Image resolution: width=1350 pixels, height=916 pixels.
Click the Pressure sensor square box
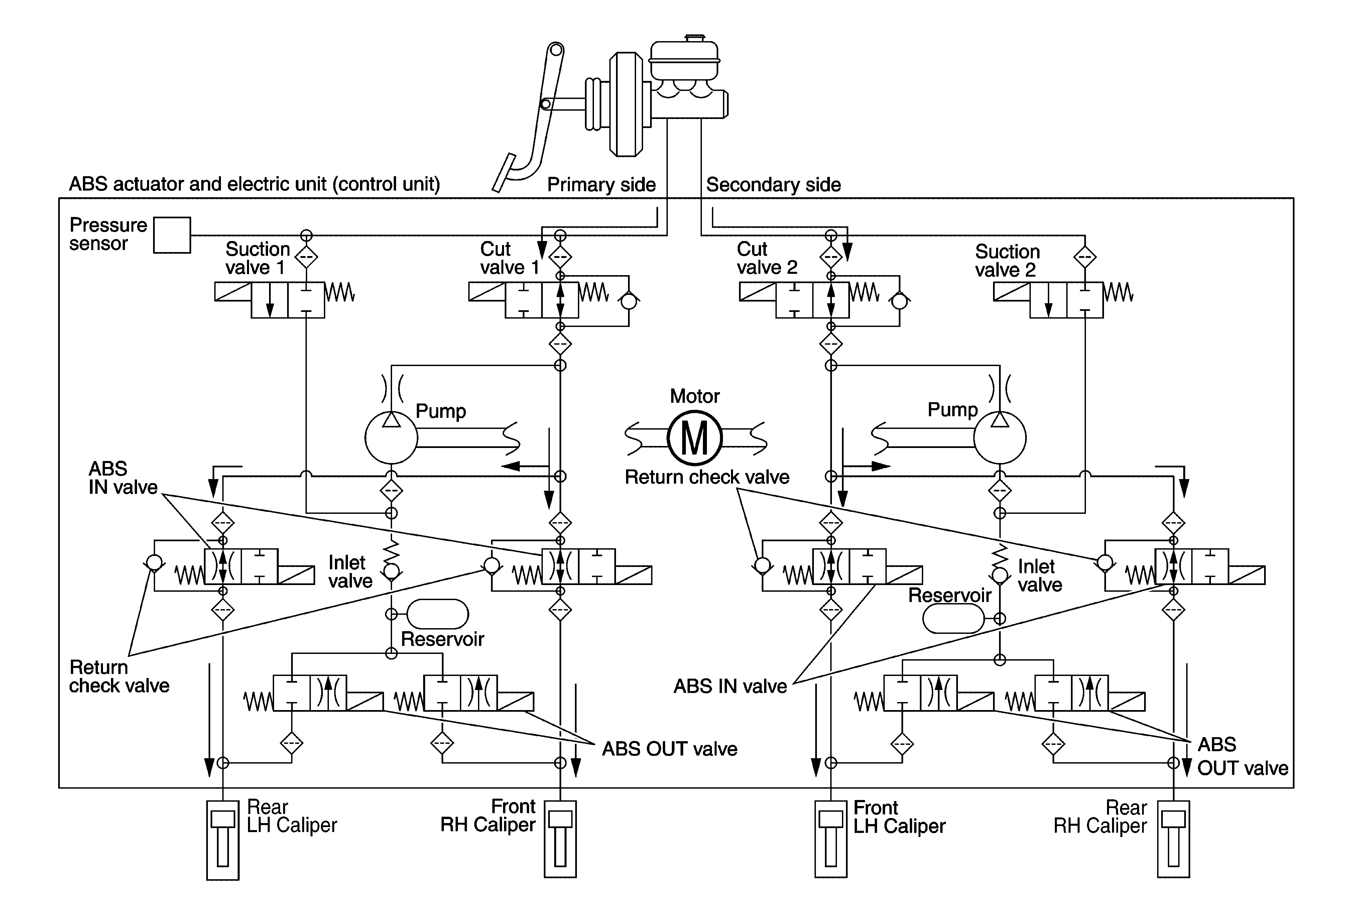click(x=172, y=235)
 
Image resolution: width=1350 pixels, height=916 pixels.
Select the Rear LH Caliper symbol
click(x=223, y=839)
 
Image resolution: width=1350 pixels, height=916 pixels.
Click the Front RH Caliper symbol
click(x=560, y=838)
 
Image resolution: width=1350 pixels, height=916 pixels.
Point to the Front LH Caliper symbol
click(x=831, y=838)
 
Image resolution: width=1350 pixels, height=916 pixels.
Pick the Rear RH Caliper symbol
click(x=1174, y=838)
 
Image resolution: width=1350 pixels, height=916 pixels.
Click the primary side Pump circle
click(x=391, y=438)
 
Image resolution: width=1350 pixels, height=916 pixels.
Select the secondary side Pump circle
click(x=1000, y=438)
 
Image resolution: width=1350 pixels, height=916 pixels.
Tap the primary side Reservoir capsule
click(x=438, y=614)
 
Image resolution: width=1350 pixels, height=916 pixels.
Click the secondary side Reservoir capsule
click(x=953, y=618)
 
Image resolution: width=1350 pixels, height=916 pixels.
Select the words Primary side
click(x=601, y=185)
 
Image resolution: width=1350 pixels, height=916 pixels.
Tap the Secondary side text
click(x=773, y=185)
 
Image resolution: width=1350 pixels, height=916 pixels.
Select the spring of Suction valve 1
click(x=340, y=292)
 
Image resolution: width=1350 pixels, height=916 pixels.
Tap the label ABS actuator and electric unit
click(x=254, y=184)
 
